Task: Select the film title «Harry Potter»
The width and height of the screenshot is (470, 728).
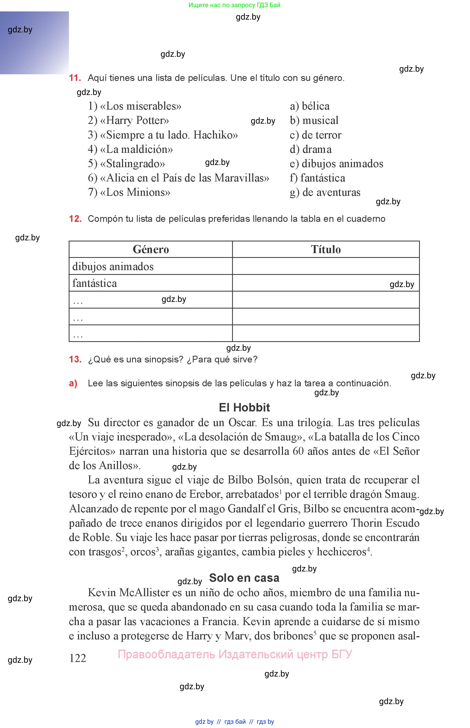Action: click(x=134, y=120)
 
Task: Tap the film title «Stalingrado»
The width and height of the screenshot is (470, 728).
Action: click(x=132, y=164)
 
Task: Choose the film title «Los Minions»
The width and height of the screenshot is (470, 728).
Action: click(x=135, y=193)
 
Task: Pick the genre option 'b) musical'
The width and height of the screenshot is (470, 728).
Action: click(x=314, y=120)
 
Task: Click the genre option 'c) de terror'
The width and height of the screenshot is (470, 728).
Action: click(x=316, y=135)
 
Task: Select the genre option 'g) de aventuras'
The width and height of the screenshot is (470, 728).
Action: click(x=325, y=193)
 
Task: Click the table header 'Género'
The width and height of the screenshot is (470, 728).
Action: click(x=151, y=249)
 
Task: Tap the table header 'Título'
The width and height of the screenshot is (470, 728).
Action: click(x=326, y=249)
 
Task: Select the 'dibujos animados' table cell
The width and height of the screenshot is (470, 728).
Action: click(x=113, y=266)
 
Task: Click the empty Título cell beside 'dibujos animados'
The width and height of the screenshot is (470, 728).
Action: click(x=326, y=266)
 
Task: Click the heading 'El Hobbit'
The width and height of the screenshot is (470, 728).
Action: click(x=244, y=408)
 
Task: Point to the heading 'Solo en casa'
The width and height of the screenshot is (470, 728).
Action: click(x=244, y=578)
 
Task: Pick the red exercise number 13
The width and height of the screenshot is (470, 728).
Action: click(x=75, y=359)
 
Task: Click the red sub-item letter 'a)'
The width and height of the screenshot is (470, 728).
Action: click(x=73, y=383)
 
